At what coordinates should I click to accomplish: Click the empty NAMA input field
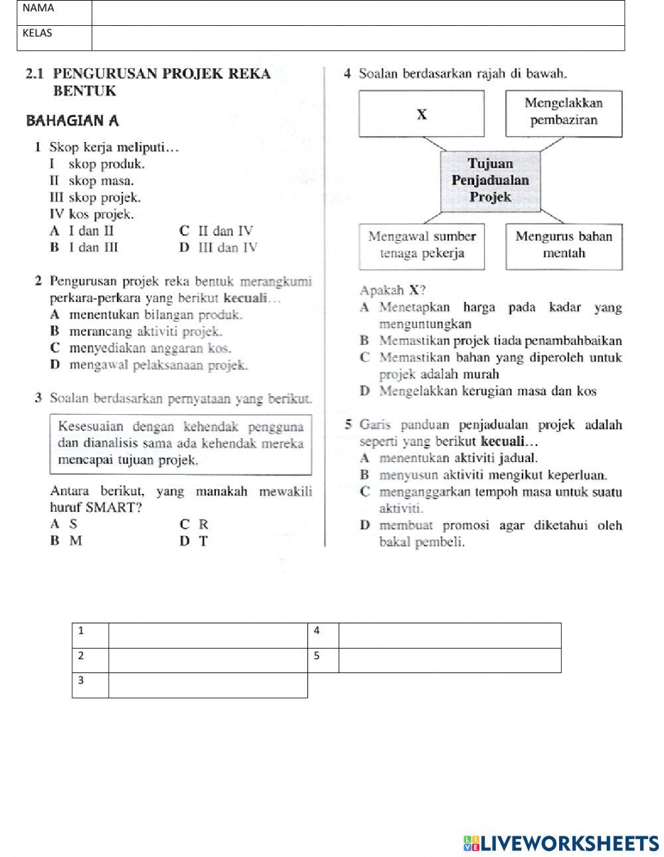click(358, 13)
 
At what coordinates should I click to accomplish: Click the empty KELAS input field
click(358, 39)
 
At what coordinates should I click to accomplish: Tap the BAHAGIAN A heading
click(72, 121)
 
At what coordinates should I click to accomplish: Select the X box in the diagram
click(422, 114)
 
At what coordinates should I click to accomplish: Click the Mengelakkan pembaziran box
click(564, 112)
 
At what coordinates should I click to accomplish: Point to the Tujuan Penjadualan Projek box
click(490, 180)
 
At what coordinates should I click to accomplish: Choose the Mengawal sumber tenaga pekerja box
click(422, 245)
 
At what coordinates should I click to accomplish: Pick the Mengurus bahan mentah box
click(564, 245)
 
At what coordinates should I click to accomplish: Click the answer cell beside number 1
click(208, 635)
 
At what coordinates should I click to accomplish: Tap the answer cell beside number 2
click(208, 661)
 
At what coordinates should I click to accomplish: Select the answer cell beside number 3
click(208, 686)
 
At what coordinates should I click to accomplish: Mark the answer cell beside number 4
click(450, 635)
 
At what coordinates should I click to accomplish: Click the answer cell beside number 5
click(450, 661)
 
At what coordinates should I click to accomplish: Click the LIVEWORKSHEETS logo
click(561, 843)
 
